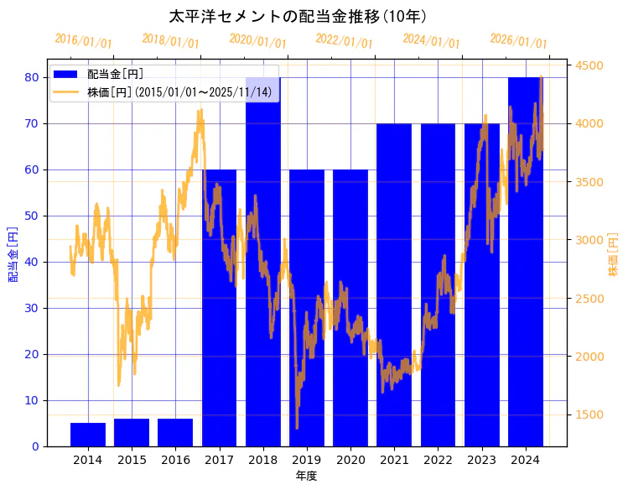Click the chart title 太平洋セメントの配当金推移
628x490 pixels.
pyautogui.click(x=298, y=17)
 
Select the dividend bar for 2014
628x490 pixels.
pyautogui.click(x=88, y=435)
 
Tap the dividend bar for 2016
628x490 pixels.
pyautogui.click(x=175, y=432)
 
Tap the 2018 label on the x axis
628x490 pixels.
pyautogui.click(x=262, y=459)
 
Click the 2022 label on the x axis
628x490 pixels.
pyautogui.click(x=438, y=459)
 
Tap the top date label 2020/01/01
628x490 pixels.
pyautogui.click(x=257, y=41)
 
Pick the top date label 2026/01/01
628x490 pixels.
pyautogui.click(x=518, y=41)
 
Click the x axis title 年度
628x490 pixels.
pyautogui.click(x=306, y=476)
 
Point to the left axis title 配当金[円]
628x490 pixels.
pyautogui.click(x=13, y=254)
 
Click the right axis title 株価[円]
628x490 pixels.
pyautogui.click(x=613, y=256)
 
